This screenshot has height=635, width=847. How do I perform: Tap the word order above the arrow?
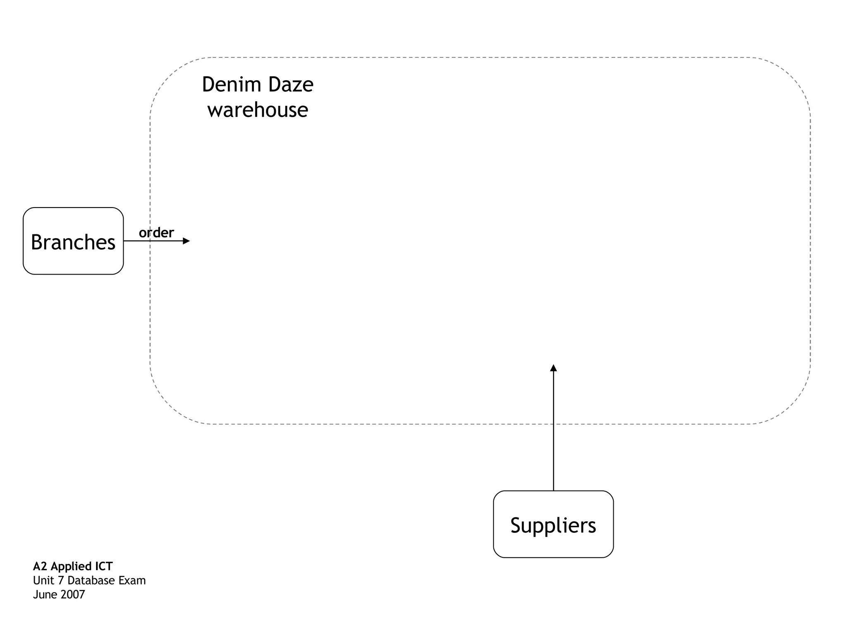coord(156,233)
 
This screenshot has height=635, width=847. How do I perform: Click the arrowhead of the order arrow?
coord(187,241)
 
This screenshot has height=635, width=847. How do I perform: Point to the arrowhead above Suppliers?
coord(553,368)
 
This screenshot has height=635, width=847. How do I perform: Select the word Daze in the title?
coord(291,84)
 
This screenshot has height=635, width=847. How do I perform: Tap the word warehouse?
coord(258,110)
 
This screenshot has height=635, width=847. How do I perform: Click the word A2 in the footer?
coord(40,566)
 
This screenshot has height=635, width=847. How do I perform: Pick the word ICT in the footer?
coord(104,566)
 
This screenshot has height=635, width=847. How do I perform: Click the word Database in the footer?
coord(91,580)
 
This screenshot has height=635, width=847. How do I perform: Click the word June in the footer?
coord(45,594)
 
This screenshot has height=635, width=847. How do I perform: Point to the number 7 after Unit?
coord(60,580)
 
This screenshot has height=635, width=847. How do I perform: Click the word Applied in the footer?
coord(71,567)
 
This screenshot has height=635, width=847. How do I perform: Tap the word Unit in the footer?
coord(43,580)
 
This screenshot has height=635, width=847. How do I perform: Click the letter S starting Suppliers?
coord(515,525)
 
